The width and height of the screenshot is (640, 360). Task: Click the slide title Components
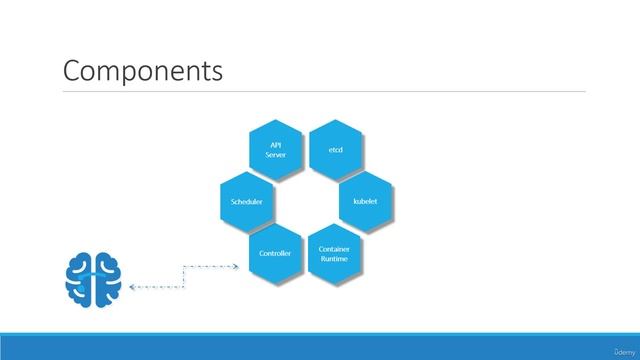tap(142, 71)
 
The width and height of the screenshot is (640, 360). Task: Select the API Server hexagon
tap(275, 149)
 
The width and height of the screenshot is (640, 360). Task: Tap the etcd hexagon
tap(335, 149)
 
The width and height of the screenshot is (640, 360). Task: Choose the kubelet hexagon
tap(365, 201)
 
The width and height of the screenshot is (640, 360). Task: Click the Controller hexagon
tap(275, 254)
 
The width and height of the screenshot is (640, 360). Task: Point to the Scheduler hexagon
tap(246, 201)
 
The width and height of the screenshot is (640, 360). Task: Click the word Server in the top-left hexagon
tap(275, 155)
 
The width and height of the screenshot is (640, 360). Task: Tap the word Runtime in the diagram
tap(334, 259)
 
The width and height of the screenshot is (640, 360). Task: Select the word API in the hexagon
tap(275, 145)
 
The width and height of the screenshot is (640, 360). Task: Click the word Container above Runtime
tap(334, 248)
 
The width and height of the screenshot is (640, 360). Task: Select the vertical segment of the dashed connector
tap(183, 276)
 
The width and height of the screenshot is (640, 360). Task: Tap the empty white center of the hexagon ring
tap(305, 201)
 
